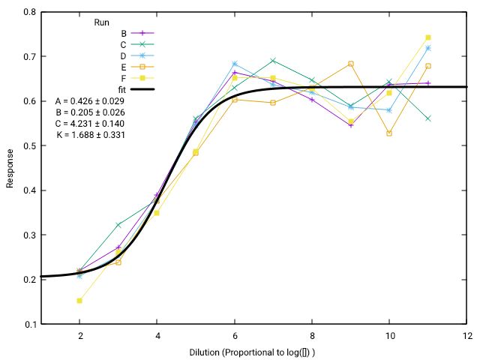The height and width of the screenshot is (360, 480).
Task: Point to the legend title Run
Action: pyautogui.click(x=103, y=22)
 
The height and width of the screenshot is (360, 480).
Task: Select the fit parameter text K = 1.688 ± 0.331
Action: pyautogui.click(x=90, y=135)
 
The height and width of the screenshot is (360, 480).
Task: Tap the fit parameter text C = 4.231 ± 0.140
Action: pyautogui.click(x=90, y=124)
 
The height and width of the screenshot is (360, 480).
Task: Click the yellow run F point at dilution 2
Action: pyautogui.click(x=79, y=301)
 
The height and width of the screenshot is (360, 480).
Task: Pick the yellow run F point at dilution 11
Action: pyautogui.click(x=428, y=37)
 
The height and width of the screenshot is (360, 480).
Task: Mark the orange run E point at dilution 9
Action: pyautogui.click(x=351, y=64)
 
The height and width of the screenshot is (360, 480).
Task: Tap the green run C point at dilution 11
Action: pyautogui.click(x=428, y=118)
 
